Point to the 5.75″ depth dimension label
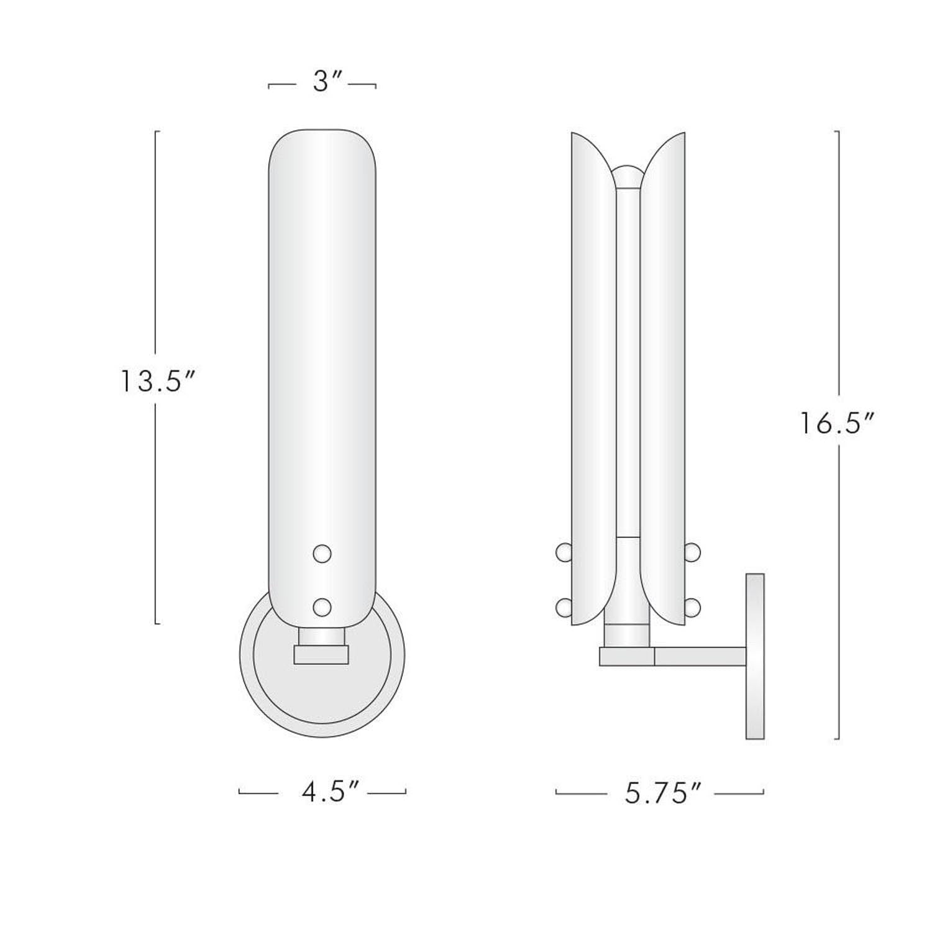662,793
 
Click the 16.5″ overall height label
836,424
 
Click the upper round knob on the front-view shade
322,553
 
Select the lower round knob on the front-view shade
322,606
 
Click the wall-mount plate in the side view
754,656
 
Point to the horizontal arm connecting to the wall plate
699,657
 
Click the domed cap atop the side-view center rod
627,176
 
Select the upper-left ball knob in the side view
563,552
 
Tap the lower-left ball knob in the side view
563,606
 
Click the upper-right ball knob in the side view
692,552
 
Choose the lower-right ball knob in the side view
692,606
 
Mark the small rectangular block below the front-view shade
321,655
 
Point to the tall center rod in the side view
628,360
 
